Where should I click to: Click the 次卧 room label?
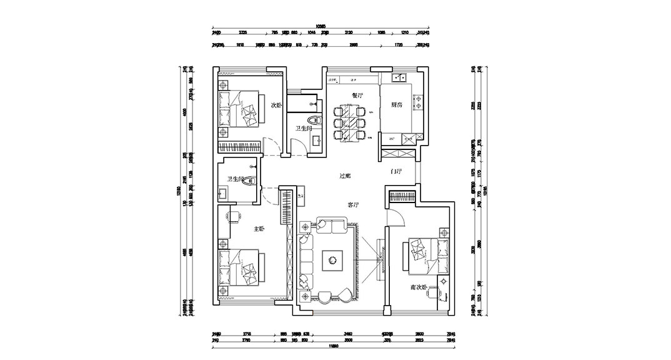click(x=275, y=105)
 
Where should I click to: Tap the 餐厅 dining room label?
click(x=357, y=96)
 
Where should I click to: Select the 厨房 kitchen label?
click(x=395, y=105)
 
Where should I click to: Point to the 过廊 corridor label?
click(x=345, y=176)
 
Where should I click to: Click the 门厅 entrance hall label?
click(x=395, y=171)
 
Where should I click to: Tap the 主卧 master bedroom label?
click(x=259, y=229)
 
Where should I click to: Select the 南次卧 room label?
click(x=419, y=287)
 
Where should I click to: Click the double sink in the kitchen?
click(x=399, y=78)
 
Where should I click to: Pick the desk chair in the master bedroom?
click(x=235, y=216)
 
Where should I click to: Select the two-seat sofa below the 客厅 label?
click(x=329, y=224)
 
